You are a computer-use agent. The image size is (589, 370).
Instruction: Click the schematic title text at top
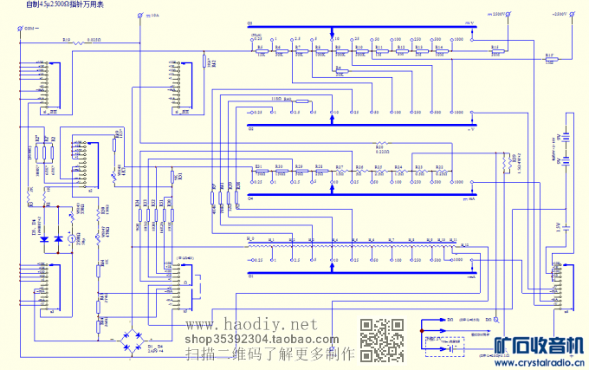point(65,5)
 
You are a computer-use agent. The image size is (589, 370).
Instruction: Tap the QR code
point(382,340)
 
